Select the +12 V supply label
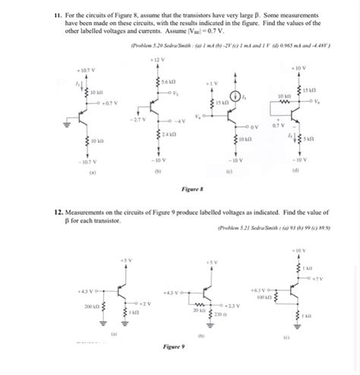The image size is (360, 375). click(x=153, y=58)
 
